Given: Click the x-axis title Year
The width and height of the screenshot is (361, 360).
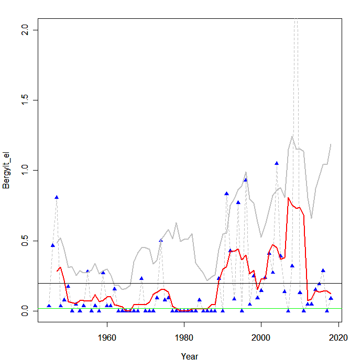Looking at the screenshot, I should [189, 356].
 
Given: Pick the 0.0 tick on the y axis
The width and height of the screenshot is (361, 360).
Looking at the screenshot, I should [23, 311].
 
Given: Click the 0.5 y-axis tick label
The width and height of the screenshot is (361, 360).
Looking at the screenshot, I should [23, 241].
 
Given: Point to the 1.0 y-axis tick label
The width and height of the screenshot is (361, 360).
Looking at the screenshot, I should [23, 171].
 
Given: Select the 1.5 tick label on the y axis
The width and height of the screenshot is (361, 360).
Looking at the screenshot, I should [23, 100].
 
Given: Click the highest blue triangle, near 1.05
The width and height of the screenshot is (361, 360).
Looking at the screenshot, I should [277, 163].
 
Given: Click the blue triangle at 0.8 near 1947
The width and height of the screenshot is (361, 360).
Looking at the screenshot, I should [57, 197].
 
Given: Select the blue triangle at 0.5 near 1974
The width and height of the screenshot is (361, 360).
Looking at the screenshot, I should [161, 240].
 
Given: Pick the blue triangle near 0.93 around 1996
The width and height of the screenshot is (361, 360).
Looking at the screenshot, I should [245, 180].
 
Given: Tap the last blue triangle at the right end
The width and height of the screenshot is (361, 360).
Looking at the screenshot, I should [331, 298].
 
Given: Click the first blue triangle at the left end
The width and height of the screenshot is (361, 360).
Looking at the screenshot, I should [49, 306].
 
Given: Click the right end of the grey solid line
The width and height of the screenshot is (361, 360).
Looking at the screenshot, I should [331, 144].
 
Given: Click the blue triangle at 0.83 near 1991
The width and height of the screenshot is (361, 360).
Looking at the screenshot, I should [226, 194].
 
